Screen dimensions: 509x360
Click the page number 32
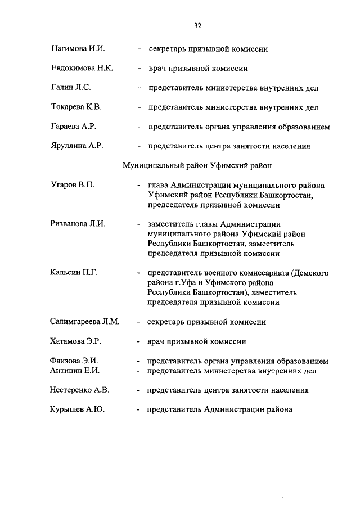tap(197, 25)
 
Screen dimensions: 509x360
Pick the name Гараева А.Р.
tap(74, 127)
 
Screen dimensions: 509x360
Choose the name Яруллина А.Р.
tap(76, 146)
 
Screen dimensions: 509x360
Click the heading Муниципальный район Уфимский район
tap(197, 165)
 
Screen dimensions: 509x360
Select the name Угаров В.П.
tap(72, 185)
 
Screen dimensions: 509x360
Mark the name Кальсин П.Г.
tap(74, 273)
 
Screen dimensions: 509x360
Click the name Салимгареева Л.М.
tap(85, 322)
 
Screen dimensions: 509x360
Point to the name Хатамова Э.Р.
tap(76, 341)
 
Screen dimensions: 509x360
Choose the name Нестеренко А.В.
tap(80, 390)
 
